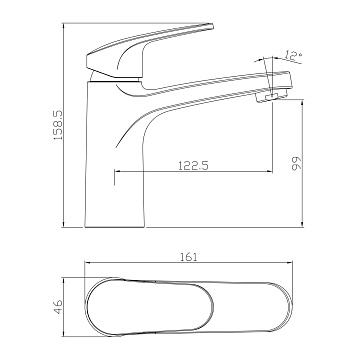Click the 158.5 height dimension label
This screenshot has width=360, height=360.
click(x=58, y=125)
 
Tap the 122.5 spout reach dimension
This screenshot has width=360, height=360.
click(x=194, y=165)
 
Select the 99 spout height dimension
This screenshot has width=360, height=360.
click(x=296, y=163)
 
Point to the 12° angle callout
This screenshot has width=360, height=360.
click(x=293, y=55)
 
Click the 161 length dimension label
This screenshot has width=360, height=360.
click(x=189, y=257)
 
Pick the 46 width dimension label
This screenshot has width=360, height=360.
click(x=58, y=307)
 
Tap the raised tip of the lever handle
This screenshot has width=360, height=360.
click(x=209, y=27)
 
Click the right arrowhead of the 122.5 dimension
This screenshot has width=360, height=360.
click(x=270, y=172)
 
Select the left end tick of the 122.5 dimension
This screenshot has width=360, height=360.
click(x=115, y=177)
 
